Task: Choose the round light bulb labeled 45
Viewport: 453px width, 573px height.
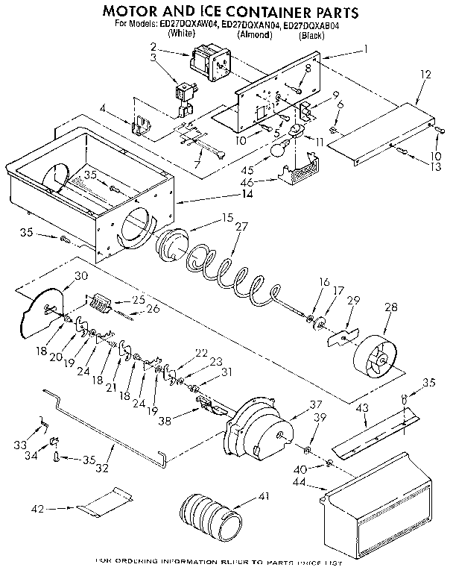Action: pos(278,151)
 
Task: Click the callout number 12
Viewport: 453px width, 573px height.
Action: pos(425,75)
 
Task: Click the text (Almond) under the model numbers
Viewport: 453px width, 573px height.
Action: pos(254,35)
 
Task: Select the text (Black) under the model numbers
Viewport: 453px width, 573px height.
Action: pos(311,35)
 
